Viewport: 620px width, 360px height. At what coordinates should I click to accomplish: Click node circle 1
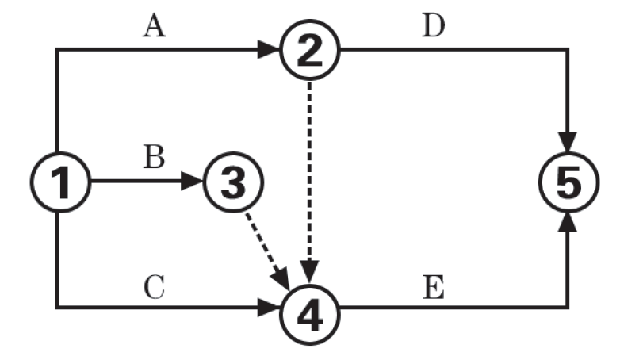(x=60, y=182)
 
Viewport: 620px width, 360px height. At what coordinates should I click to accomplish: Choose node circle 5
(x=568, y=182)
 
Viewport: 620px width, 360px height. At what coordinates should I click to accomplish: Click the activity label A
(x=154, y=27)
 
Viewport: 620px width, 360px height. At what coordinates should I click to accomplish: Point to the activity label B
(x=154, y=157)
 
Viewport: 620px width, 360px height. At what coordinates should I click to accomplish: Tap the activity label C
(x=154, y=286)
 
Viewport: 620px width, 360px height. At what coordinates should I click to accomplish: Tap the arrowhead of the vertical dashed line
(x=309, y=268)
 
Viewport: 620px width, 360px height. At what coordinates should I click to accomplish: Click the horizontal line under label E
(x=444, y=307)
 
